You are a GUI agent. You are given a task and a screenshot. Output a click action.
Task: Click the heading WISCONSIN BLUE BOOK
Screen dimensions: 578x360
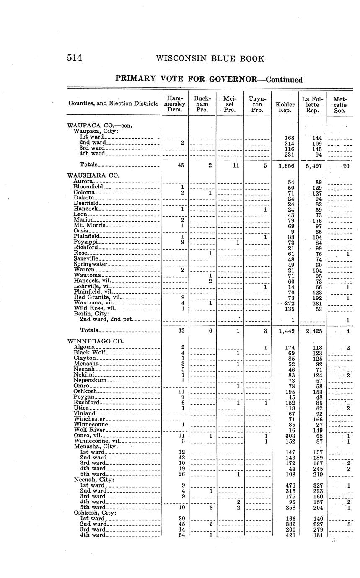pos(210,59)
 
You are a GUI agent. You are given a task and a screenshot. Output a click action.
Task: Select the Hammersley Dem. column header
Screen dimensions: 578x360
pos(175,103)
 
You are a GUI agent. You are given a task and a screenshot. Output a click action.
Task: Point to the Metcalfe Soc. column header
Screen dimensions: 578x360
pos(340,104)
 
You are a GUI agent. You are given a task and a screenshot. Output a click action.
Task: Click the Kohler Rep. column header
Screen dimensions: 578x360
pos(285,107)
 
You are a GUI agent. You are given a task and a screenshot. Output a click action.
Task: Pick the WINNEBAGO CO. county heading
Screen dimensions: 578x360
pos(96,341)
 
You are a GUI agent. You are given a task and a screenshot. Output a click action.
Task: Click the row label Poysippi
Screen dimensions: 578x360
pos(85,242)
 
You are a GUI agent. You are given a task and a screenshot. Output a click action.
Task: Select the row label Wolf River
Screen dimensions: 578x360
pos(91,430)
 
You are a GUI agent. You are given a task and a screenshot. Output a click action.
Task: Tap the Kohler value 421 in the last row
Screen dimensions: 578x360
pos(290,535)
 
